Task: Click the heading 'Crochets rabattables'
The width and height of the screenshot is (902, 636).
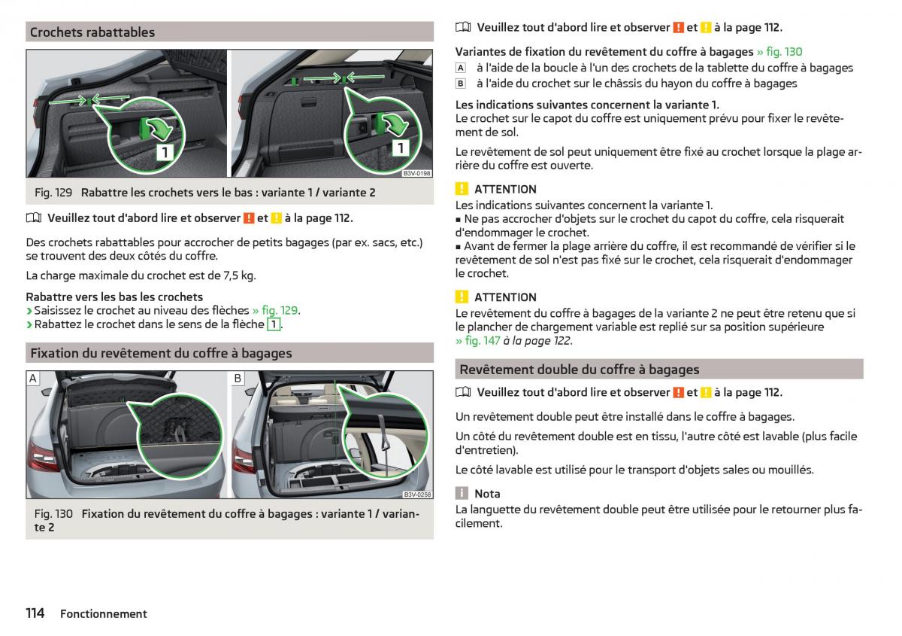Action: click(x=92, y=32)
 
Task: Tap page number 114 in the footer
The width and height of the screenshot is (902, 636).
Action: click(x=35, y=613)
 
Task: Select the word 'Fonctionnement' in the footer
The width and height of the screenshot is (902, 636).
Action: click(x=104, y=614)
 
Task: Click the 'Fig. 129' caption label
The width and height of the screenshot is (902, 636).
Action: click(x=53, y=193)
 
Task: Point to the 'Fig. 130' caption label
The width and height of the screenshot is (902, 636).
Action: click(x=53, y=514)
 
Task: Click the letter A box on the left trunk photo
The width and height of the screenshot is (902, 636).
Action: click(x=34, y=379)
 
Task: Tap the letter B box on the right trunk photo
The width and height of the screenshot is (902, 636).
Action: click(x=238, y=379)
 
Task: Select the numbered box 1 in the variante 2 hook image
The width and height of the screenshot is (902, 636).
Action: click(x=400, y=148)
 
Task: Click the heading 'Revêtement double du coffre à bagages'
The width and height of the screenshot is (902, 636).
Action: click(x=580, y=370)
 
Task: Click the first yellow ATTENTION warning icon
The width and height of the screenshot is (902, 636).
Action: click(x=462, y=189)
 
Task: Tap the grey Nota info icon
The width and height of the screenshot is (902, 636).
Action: click(x=462, y=494)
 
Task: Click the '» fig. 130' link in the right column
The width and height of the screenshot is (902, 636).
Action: click(x=779, y=52)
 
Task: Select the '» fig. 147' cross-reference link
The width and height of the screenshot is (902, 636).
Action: click(x=478, y=341)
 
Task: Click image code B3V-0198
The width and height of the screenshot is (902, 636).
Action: click(x=416, y=173)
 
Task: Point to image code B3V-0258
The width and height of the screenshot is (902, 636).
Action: click(x=416, y=494)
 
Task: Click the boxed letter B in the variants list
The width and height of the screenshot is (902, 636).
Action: click(x=461, y=84)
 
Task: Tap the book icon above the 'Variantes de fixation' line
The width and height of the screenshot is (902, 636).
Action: click(x=462, y=28)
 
